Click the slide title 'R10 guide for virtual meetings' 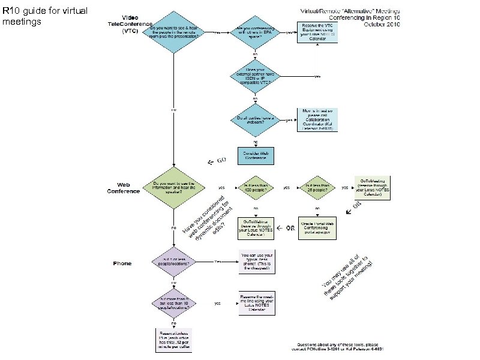[45, 16]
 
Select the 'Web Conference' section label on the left [124, 188]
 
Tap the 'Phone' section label [123, 263]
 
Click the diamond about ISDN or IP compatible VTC [256, 76]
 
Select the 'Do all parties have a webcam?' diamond [256, 120]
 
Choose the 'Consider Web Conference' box [256, 155]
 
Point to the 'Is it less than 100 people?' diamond [256, 188]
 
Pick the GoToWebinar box [256, 228]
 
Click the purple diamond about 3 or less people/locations [173, 262]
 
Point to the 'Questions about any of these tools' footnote [349, 347]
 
